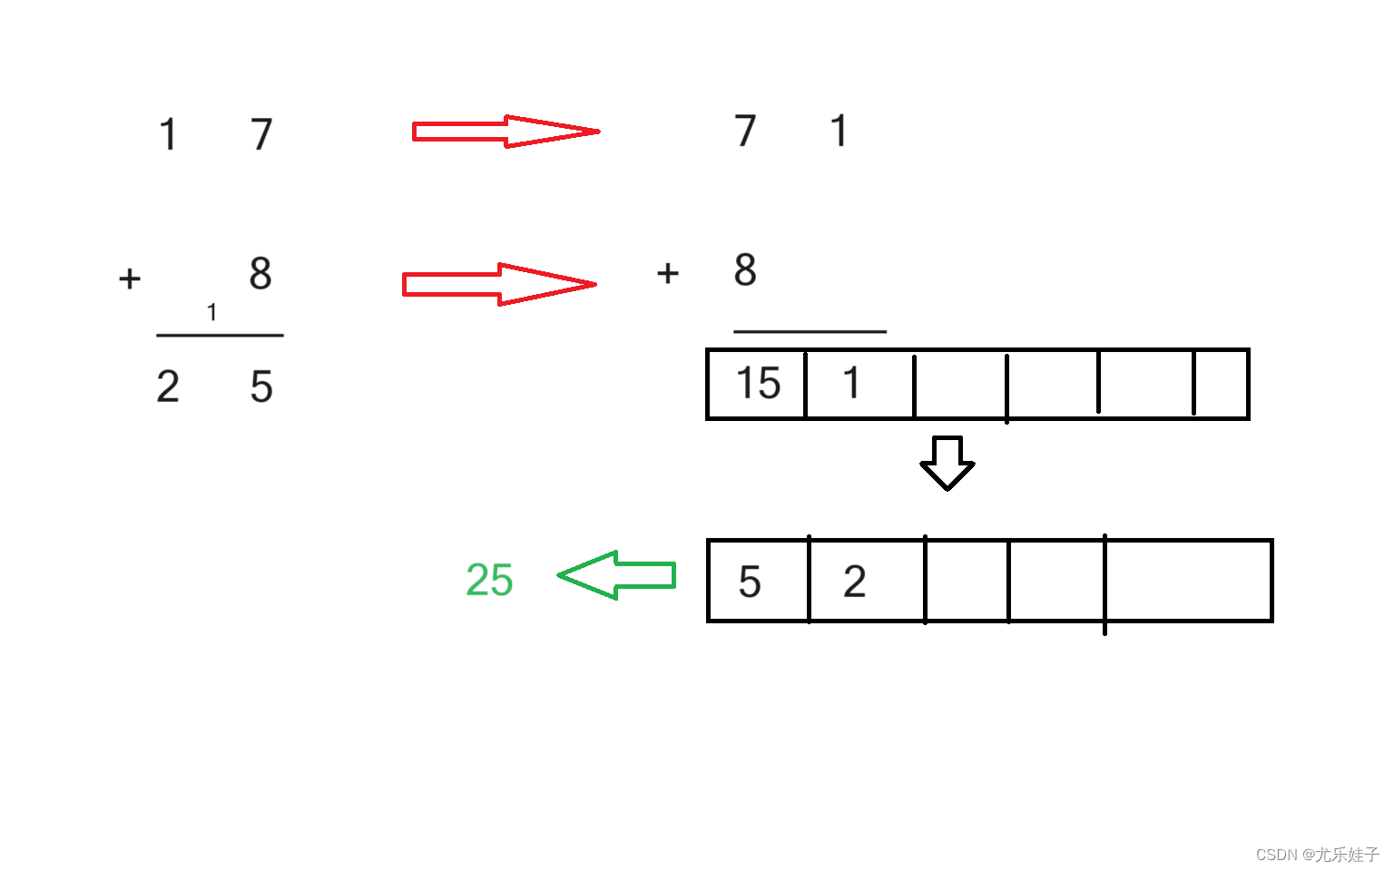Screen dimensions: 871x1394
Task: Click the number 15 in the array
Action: (758, 383)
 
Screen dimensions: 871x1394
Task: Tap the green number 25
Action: (489, 580)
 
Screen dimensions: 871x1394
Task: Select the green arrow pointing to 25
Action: (616, 575)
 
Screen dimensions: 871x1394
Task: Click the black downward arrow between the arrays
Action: (947, 463)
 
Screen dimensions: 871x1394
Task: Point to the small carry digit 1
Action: (211, 313)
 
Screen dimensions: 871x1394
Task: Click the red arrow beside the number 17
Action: (505, 132)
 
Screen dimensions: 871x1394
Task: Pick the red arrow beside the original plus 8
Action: (498, 284)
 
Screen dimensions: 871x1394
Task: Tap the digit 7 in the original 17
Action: (261, 135)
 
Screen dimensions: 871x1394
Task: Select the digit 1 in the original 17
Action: (168, 135)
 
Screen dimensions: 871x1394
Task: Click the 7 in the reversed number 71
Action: (745, 131)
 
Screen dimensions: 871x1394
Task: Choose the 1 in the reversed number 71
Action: (839, 131)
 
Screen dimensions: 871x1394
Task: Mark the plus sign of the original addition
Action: (130, 278)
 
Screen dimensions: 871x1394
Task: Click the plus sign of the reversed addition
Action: (668, 272)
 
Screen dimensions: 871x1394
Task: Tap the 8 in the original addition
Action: (260, 273)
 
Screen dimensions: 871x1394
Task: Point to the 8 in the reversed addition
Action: (745, 269)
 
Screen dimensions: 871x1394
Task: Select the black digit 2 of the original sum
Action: (168, 387)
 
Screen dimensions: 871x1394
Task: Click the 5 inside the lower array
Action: (750, 582)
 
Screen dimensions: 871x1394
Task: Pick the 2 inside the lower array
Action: (854, 582)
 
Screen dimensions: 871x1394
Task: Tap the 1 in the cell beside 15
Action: (851, 383)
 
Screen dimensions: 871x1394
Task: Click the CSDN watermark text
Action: (1317, 855)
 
